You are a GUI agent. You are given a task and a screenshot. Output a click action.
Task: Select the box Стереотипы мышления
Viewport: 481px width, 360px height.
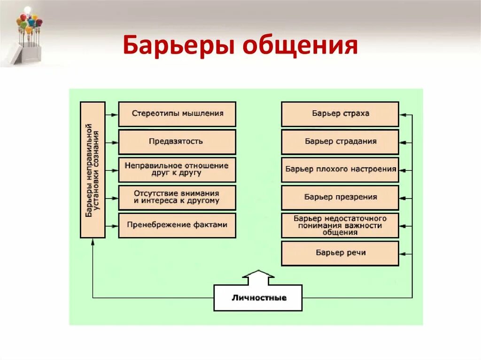[x=177, y=114]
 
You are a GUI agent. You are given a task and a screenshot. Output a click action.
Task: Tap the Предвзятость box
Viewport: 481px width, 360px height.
[x=177, y=142]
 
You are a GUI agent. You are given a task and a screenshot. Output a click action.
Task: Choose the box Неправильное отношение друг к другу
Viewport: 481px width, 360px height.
[x=177, y=169]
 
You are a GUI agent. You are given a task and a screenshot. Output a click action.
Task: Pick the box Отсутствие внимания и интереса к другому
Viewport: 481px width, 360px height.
[x=177, y=197]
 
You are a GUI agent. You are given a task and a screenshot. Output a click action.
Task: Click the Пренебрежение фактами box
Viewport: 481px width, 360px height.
[x=177, y=225]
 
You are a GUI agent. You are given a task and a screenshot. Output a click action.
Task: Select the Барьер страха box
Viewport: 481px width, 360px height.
[x=340, y=114]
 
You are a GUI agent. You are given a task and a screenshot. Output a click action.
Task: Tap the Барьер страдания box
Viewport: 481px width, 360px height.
[x=340, y=142]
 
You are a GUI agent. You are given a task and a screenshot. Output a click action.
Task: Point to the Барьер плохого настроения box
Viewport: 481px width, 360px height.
[x=340, y=169]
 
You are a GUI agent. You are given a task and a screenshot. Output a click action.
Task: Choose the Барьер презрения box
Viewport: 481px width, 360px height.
[x=340, y=197]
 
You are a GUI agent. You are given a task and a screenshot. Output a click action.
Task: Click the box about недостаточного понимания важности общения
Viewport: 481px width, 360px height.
[x=340, y=225]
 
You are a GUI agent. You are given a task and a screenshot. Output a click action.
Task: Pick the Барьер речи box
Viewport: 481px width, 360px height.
[x=340, y=253]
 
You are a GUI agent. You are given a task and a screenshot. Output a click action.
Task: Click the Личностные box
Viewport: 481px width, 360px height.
[x=258, y=298]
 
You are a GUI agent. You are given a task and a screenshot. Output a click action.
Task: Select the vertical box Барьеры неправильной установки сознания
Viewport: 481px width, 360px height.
[x=93, y=169]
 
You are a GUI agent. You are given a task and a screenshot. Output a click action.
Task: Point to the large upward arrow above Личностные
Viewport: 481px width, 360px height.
[x=258, y=277]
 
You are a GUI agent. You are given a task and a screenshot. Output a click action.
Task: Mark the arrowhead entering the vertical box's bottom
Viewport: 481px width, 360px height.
[x=93, y=241]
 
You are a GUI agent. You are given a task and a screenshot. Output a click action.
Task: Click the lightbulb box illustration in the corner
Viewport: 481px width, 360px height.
[x=26, y=35]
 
